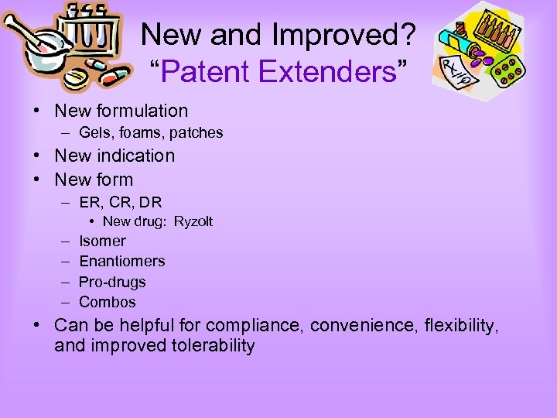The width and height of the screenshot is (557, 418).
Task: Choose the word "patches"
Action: tap(198, 133)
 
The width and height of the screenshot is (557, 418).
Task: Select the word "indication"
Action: tap(135, 156)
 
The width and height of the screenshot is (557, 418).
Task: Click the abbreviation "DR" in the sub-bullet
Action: tap(152, 203)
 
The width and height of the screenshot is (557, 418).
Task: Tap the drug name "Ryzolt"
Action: tap(193, 222)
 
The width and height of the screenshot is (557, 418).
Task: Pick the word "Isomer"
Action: tap(102, 241)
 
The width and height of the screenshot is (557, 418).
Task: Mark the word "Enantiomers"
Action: tap(122, 262)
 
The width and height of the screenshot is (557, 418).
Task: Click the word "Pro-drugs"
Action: tap(112, 282)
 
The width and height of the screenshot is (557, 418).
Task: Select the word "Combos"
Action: tap(108, 302)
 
